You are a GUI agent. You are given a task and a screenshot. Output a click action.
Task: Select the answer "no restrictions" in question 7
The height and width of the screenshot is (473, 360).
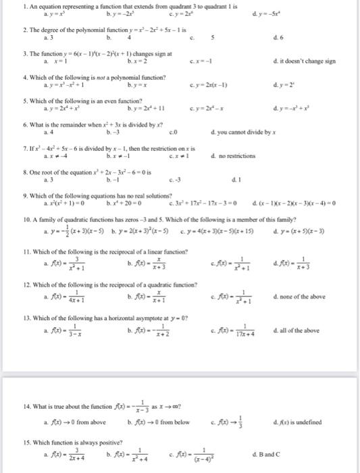tap(236, 156)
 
